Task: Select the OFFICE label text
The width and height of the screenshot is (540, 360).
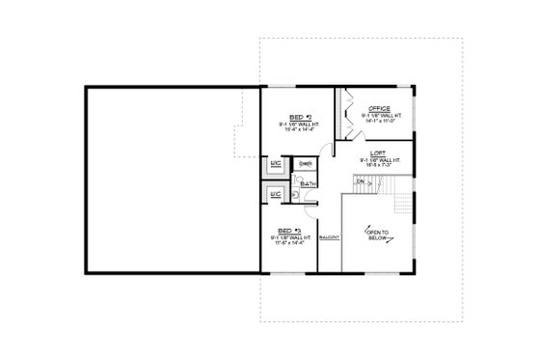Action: tap(378, 109)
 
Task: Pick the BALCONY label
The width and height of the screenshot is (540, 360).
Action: tap(328, 237)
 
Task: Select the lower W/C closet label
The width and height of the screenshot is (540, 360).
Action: tap(275, 194)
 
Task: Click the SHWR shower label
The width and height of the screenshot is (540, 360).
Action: tap(305, 165)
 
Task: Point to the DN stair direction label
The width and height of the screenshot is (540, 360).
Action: tap(360, 180)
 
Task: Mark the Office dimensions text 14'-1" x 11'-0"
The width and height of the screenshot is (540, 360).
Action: tap(378, 122)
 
